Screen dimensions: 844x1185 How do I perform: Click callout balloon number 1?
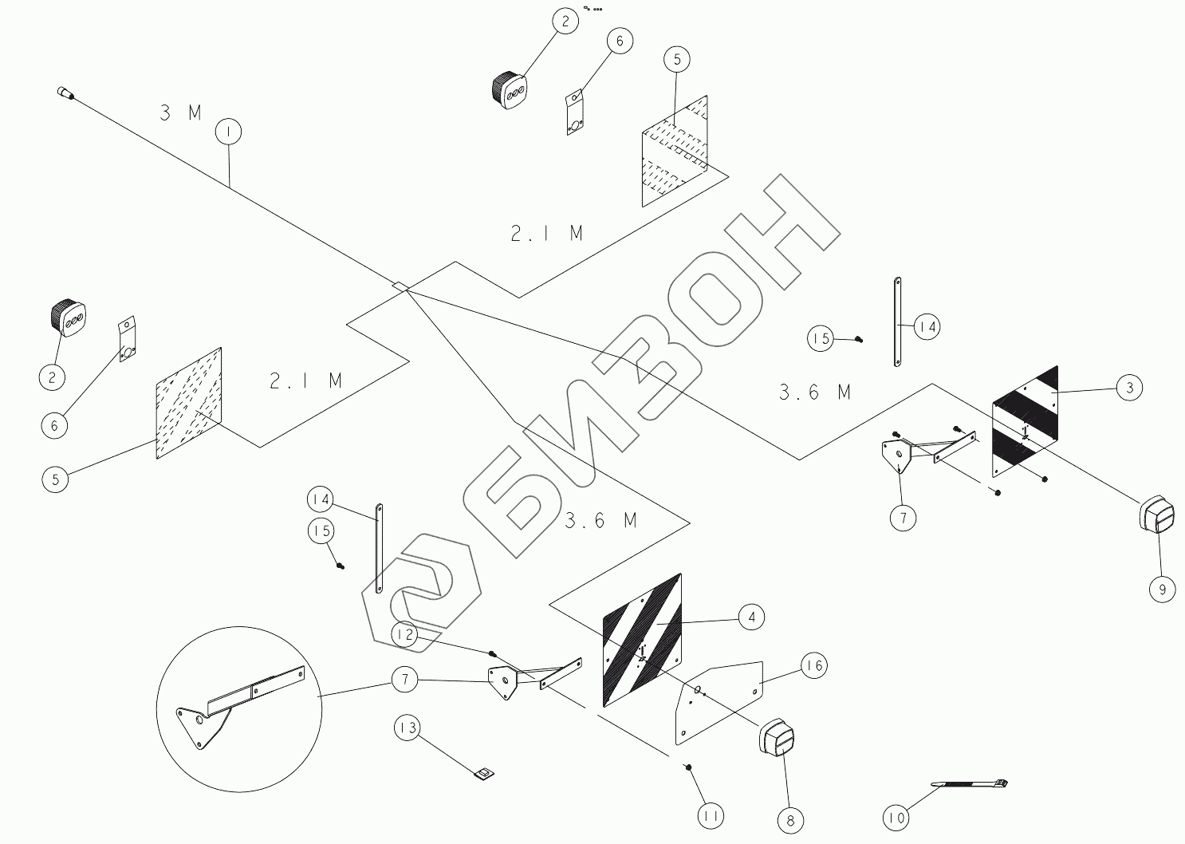point(228,132)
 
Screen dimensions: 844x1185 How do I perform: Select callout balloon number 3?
point(1128,388)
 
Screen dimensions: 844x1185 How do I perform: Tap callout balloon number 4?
point(751,617)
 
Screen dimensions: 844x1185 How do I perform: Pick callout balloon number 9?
point(1162,589)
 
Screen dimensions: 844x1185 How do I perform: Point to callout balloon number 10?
point(896,818)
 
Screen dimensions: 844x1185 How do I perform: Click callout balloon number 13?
point(407,728)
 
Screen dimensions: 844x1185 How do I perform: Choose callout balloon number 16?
point(813,665)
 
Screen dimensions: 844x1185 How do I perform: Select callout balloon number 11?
point(711,815)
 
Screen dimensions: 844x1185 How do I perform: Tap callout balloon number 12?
point(404,635)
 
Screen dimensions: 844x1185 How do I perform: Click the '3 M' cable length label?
point(181,112)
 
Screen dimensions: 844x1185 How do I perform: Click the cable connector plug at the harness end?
point(64,93)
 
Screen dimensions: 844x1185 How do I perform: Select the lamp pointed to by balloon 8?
point(777,739)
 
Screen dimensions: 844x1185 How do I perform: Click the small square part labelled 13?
point(484,772)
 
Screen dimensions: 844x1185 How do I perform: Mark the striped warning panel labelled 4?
point(642,640)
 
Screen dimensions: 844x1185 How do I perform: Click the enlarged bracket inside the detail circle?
point(235,702)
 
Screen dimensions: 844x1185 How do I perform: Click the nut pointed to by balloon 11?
point(687,767)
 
